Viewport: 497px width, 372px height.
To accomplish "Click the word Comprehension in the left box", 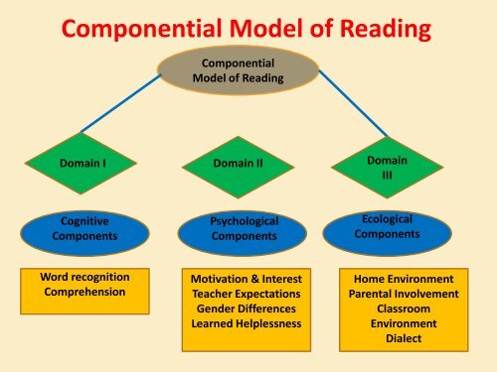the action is [x=79, y=292].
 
